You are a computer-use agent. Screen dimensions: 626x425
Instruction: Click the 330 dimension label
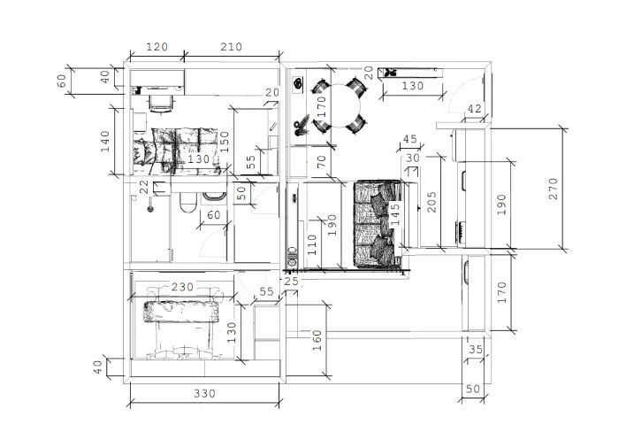(x=205, y=394)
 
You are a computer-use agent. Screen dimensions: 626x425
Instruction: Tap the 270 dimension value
(x=553, y=189)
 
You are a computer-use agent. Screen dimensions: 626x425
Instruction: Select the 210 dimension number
(x=232, y=47)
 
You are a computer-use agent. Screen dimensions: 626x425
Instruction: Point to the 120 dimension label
(x=156, y=47)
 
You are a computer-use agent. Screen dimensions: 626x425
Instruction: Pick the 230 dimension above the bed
(x=182, y=287)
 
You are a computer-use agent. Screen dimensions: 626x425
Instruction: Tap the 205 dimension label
(x=431, y=202)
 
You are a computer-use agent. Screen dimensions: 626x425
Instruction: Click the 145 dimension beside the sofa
(x=394, y=214)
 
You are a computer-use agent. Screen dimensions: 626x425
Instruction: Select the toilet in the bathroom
(x=187, y=202)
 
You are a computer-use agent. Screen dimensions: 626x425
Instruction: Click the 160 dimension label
(x=317, y=340)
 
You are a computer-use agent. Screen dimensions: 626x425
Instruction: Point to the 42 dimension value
(x=474, y=109)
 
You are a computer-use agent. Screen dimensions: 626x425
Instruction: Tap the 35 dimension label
(x=476, y=350)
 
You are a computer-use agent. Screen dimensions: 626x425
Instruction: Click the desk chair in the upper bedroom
(x=161, y=104)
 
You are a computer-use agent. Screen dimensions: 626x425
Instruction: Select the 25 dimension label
(x=292, y=282)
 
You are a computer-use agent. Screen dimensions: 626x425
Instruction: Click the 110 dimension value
(x=312, y=244)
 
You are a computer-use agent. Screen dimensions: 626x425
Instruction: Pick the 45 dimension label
(x=410, y=139)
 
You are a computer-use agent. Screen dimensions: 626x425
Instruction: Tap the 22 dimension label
(x=144, y=187)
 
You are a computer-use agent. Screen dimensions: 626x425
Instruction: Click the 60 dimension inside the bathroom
(x=214, y=215)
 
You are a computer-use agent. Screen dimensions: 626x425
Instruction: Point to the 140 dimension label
(x=104, y=141)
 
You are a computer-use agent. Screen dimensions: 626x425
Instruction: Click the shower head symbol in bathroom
(x=150, y=208)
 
